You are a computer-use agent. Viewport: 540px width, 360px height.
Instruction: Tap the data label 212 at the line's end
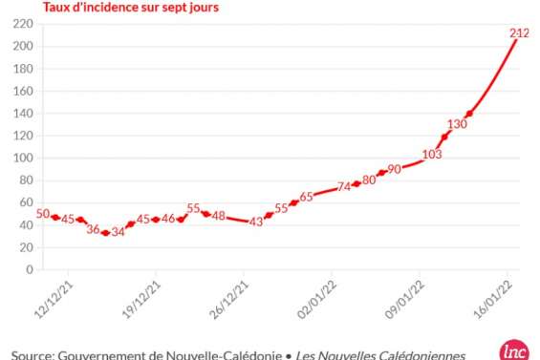(x=519, y=33)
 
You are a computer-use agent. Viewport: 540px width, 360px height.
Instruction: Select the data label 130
(x=457, y=124)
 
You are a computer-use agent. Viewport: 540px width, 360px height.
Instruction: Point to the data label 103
(x=432, y=154)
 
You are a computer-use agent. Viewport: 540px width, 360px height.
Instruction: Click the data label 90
(x=394, y=169)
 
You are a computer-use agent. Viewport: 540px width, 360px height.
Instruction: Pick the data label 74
(x=344, y=187)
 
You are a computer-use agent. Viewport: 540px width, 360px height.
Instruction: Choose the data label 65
(x=306, y=197)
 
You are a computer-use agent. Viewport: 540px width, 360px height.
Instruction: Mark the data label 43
(x=255, y=222)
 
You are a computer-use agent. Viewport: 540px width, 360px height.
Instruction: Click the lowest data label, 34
(x=118, y=231)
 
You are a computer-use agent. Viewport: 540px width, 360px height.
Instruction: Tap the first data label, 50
(x=42, y=214)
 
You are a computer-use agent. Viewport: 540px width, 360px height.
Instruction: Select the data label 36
(x=93, y=229)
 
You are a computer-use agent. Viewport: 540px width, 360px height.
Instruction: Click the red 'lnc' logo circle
(x=513, y=350)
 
